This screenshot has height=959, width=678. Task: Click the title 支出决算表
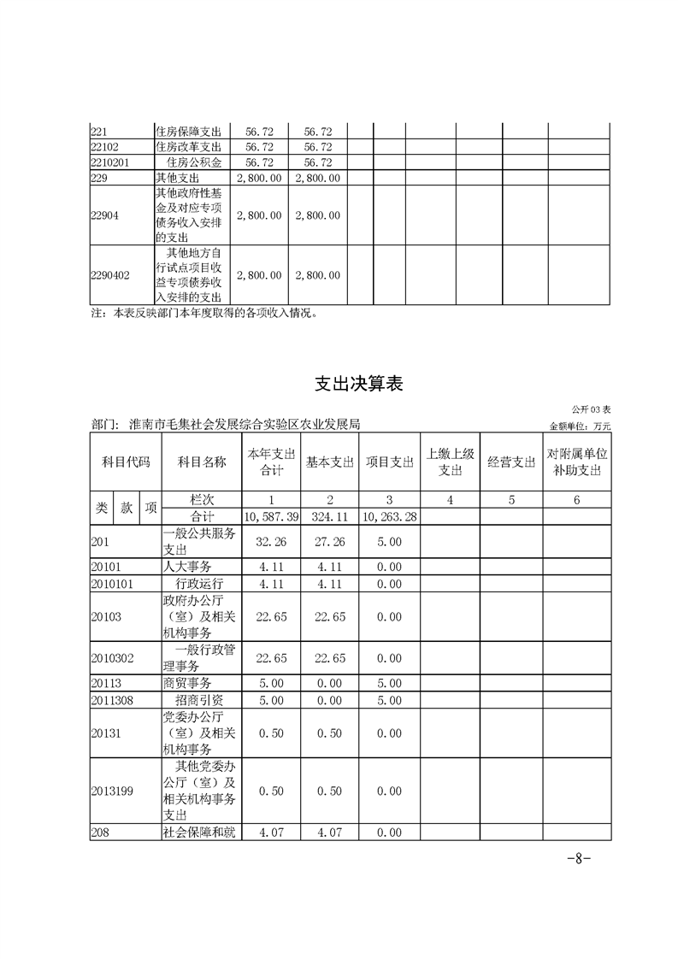[x=357, y=385]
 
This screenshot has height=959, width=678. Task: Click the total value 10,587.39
[x=271, y=517]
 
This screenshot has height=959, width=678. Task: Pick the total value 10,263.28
[x=389, y=517]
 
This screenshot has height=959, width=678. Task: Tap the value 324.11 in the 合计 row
[x=330, y=517]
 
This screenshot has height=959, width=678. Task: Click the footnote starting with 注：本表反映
[x=204, y=313]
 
